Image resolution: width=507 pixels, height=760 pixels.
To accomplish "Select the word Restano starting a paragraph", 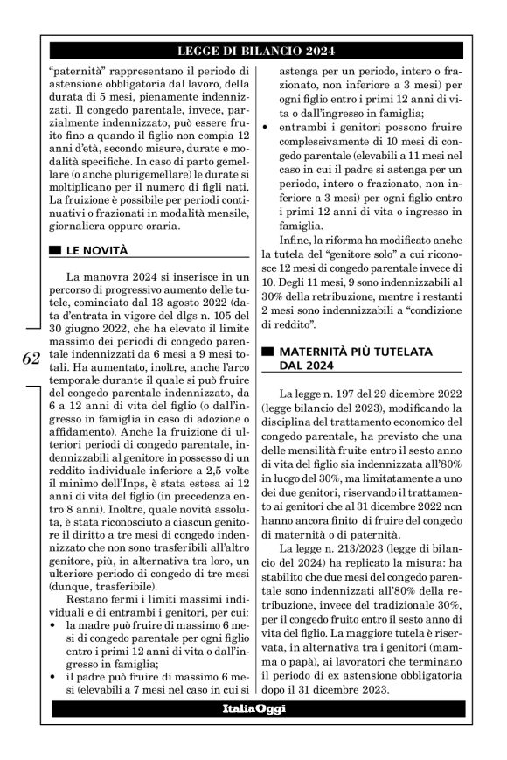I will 87,600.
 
